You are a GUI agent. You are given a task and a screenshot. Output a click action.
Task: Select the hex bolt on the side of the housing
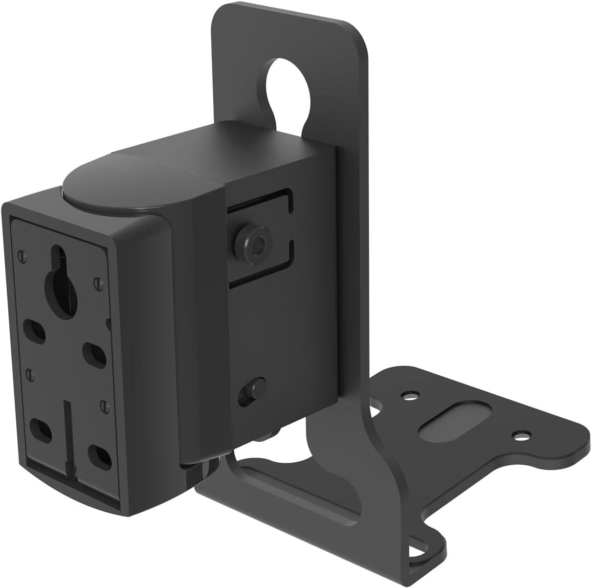coord(251,241)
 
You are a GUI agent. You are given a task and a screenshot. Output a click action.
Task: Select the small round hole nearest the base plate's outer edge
coord(520,436)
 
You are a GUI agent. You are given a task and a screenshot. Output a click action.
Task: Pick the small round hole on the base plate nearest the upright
coord(409,395)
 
